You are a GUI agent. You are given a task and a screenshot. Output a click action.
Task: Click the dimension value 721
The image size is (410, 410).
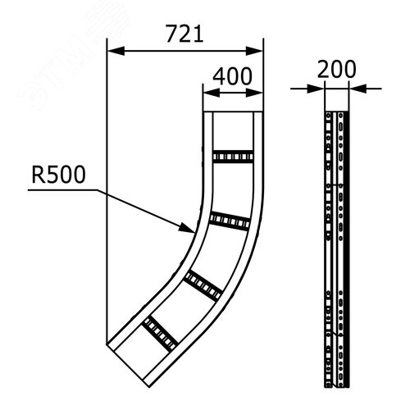pyautogui.click(x=185, y=34)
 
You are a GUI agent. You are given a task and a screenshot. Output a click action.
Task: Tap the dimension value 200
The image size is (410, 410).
pyautogui.click(x=336, y=70)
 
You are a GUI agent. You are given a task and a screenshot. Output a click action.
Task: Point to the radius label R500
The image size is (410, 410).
pyautogui.click(x=57, y=175)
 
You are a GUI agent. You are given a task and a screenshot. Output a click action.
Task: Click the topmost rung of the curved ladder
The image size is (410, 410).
pyautogui.click(x=232, y=156)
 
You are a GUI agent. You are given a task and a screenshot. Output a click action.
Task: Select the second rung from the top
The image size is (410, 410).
pyautogui.click(x=229, y=220)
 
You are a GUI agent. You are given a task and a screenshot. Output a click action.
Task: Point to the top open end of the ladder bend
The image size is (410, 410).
pyautogui.click(x=232, y=113)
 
